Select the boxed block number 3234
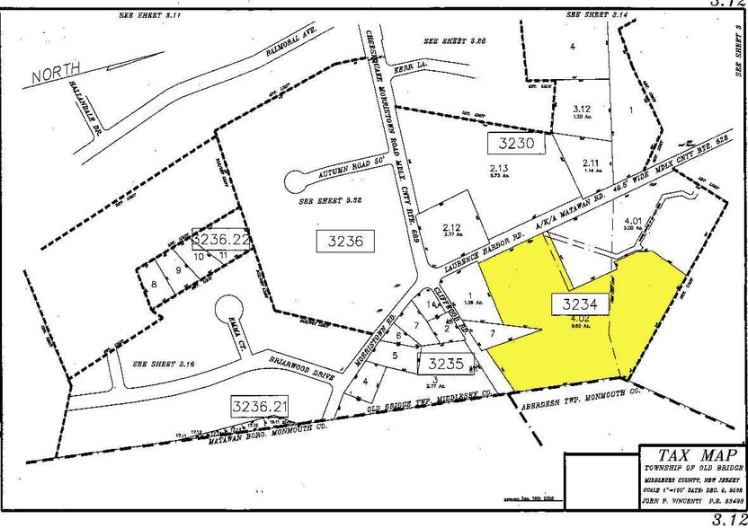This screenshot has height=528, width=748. (587, 304)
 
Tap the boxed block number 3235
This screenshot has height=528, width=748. (445, 364)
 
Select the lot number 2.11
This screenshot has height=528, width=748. (591, 163)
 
